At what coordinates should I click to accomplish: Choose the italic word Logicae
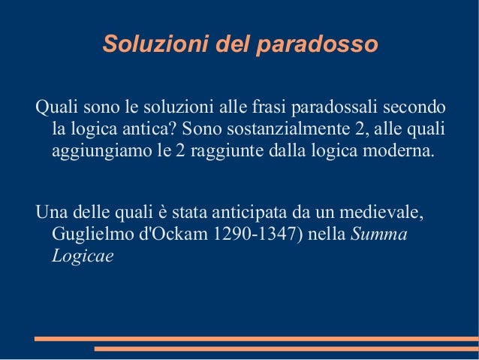point(83,256)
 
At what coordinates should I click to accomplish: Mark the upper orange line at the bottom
point(255,338)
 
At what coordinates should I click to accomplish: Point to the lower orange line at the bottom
point(285,349)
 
